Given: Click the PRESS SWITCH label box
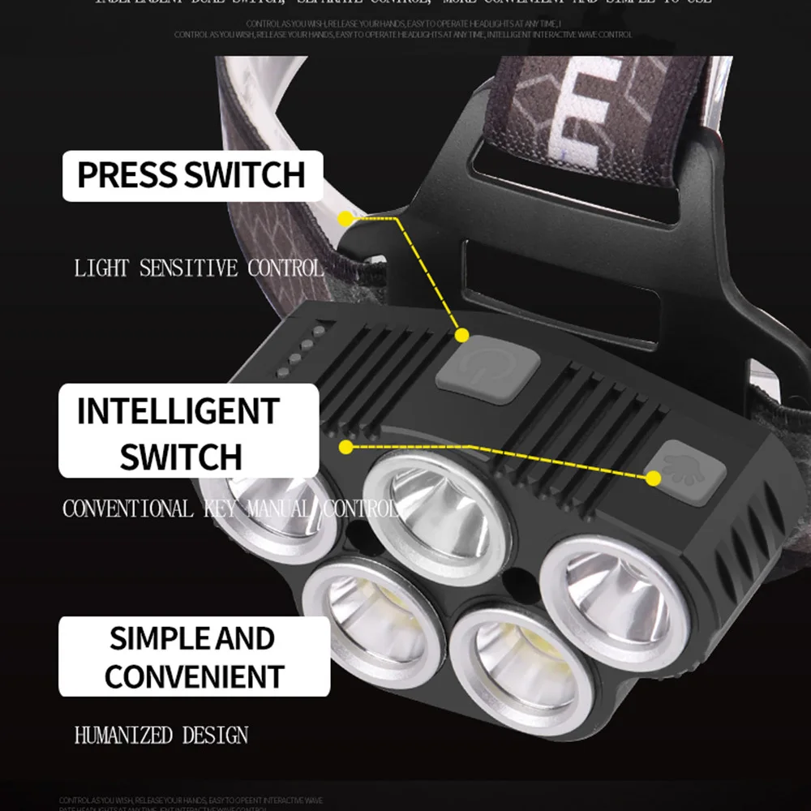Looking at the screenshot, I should tap(193, 176).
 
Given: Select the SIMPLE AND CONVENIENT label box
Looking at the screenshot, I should tap(195, 656).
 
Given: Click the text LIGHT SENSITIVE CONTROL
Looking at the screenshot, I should tap(198, 268).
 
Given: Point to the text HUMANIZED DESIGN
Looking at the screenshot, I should tap(161, 736).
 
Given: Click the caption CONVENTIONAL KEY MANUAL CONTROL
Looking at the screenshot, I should tap(230, 509).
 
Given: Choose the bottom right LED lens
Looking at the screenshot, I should tap(519, 665).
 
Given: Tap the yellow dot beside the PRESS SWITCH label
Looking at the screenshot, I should tap(345, 218).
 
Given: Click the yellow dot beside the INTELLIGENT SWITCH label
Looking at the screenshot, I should tap(346, 446).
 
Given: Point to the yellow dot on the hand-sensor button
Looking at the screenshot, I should tap(653, 479).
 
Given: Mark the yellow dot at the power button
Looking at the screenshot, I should tap(462, 334).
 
